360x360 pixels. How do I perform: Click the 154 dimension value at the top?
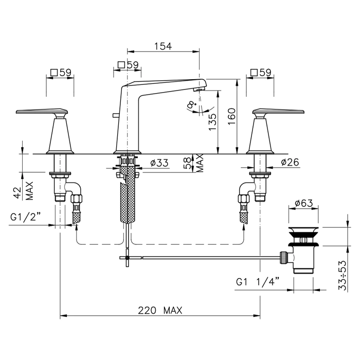(163, 46)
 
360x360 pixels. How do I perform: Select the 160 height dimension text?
(231, 116)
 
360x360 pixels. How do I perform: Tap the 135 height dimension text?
(212, 122)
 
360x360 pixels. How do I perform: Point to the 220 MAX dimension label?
(160, 311)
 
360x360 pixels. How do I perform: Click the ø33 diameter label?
(159, 163)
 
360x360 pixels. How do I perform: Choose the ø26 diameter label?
(290, 163)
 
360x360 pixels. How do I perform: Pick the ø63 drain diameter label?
(304, 203)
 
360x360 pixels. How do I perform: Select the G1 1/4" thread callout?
(258, 282)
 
